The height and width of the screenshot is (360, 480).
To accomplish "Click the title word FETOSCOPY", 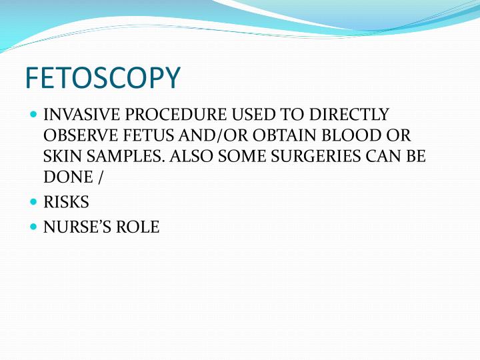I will tap(102, 79).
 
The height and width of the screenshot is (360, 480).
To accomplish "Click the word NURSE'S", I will tap(79, 227).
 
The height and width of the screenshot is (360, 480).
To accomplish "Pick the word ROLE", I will tap(140, 227).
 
